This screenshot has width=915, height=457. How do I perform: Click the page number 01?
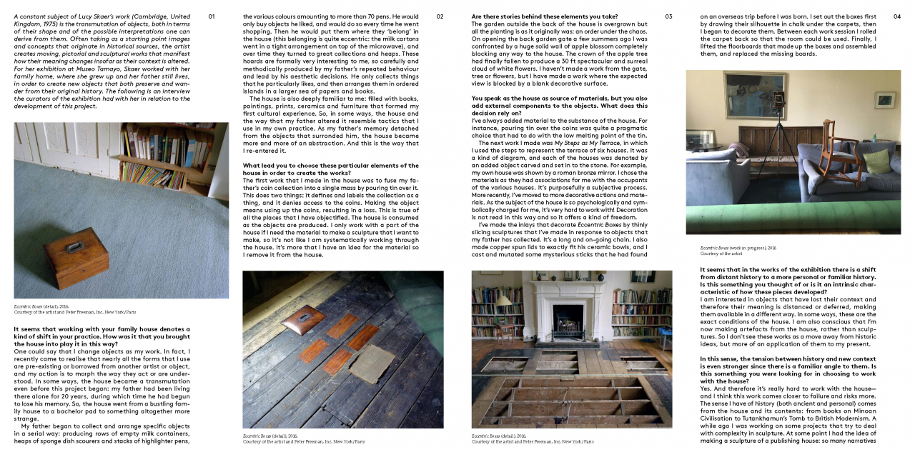[x=212, y=16]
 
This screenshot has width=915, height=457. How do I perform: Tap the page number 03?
[x=668, y=16]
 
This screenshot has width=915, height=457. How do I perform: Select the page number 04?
[x=897, y=16]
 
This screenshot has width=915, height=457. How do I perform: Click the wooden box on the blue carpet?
[x=76, y=257]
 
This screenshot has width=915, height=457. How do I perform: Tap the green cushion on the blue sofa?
[x=876, y=161]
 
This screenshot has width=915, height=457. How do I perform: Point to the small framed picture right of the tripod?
[x=885, y=99]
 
